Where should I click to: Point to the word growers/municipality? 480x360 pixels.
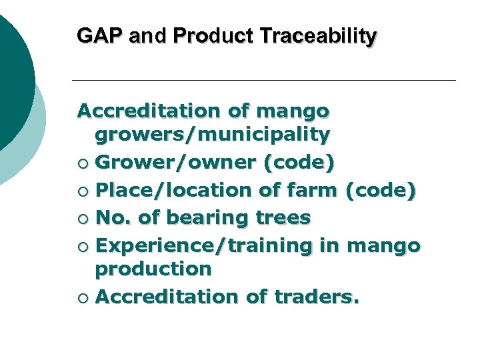pyautogui.click(x=213, y=136)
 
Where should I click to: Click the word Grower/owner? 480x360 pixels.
pyautogui.click(x=175, y=163)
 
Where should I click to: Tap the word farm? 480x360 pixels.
pyautogui.click(x=311, y=190)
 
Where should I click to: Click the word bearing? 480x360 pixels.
pyautogui.click(x=205, y=217)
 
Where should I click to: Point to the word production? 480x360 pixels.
pyautogui.click(x=153, y=269)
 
